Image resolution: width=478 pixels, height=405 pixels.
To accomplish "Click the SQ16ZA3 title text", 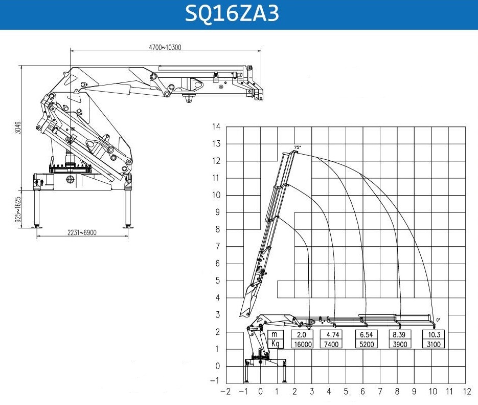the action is [232, 13].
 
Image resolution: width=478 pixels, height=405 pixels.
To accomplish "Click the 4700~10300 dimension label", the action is [165, 47].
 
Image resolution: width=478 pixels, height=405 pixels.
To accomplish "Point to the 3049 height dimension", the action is [18, 127].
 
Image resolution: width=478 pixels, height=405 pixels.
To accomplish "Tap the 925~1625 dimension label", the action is [18, 209].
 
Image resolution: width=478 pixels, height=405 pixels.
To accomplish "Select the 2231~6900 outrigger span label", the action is [82, 232].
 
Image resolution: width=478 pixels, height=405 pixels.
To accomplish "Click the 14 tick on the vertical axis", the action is [216, 126].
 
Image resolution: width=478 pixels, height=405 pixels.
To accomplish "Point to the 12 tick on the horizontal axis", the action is [467, 392].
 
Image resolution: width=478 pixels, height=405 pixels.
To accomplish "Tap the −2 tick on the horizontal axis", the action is [225, 392].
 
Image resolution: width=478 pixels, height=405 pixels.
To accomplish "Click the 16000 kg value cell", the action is [303, 344].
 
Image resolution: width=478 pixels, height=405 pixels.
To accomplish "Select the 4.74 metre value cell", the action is [332, 334].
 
